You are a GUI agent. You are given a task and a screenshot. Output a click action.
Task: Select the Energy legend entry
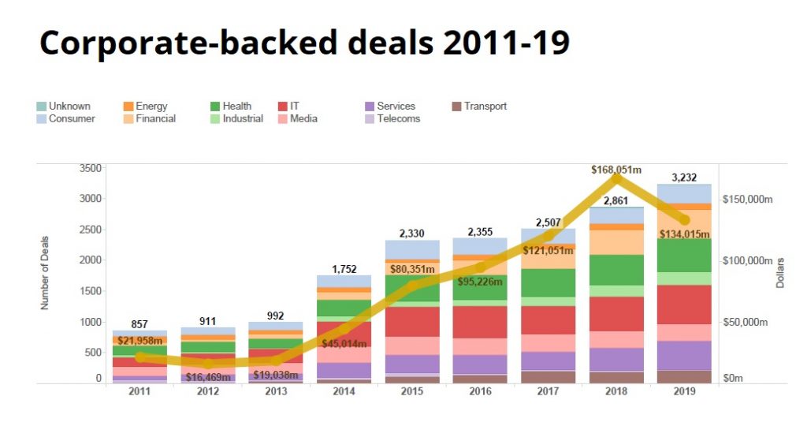click(151, 106)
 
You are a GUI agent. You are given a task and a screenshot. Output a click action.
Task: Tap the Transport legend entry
click(485, 106)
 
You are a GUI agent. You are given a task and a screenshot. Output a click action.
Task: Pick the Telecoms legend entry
click(398, 118)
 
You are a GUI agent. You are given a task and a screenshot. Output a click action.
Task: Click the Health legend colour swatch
click(215, 106)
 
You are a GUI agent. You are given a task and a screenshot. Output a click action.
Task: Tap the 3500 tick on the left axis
click(91, 168)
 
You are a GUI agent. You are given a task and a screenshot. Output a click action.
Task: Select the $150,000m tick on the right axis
click(748, 199)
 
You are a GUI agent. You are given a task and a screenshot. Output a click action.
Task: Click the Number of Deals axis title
click(46, 272)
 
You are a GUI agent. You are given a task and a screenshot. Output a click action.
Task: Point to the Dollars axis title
click(780, 271)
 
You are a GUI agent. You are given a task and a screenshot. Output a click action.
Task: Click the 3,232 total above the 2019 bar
click(684, 177)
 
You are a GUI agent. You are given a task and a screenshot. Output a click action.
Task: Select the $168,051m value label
click(617, 169)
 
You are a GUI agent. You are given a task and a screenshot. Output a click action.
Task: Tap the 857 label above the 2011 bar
click(139, 324)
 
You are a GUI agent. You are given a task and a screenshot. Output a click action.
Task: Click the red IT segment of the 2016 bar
click(480, 322)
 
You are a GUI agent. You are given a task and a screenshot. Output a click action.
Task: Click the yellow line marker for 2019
click(684, 219)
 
